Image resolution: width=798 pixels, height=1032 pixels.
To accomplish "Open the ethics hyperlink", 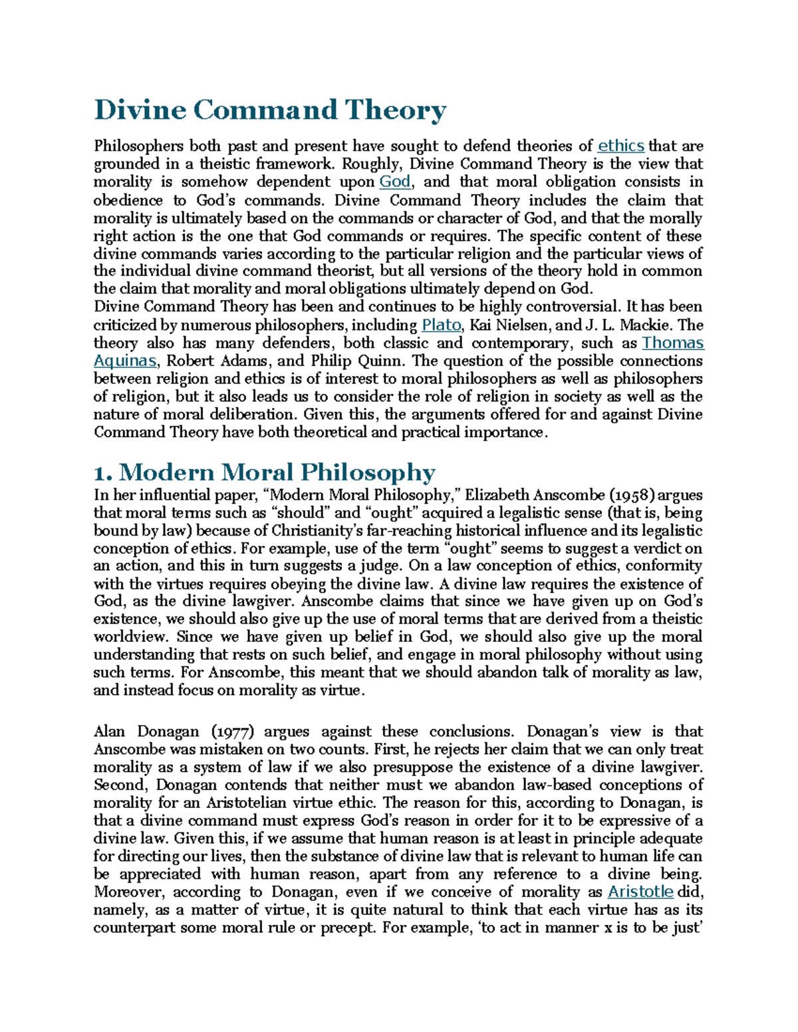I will point(620,146).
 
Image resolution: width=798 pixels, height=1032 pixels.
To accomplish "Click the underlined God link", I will point(394,182).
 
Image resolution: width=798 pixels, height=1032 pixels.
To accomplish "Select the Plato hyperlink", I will point(441,325).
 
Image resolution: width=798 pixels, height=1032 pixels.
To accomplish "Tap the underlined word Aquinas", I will point(125,361).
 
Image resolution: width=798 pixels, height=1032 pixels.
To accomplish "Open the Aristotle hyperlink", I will point(640,892).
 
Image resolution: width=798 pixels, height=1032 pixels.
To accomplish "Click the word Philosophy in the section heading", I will point(367,472).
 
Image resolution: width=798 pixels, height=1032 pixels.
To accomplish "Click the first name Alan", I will point(109,732).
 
